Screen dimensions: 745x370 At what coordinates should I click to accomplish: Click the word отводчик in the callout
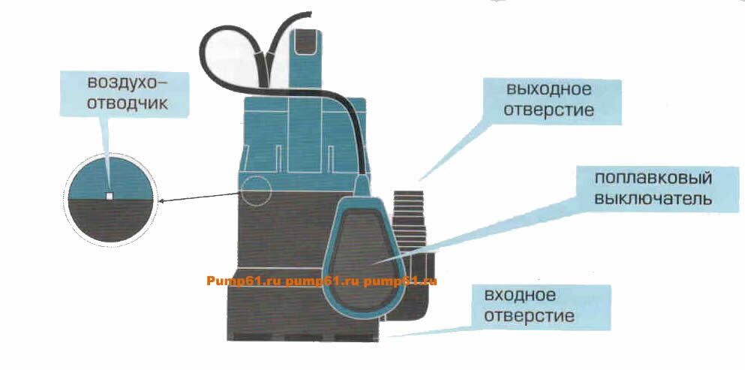tap(127, 104)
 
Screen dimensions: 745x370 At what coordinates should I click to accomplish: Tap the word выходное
tap(548, 89)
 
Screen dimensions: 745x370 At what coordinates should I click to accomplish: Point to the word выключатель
tap(653, 199)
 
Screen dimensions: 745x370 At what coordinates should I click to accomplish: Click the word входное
tap(520, 296)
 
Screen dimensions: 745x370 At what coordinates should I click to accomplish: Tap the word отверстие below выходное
tap(548, 110)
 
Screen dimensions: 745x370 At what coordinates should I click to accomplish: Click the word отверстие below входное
tap(529, 316)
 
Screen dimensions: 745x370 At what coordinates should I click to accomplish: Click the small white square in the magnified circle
tap(110, 196)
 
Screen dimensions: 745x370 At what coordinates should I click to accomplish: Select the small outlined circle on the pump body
tap(255, 191)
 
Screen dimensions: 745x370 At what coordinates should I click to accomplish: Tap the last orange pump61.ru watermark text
tap(400, 281)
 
